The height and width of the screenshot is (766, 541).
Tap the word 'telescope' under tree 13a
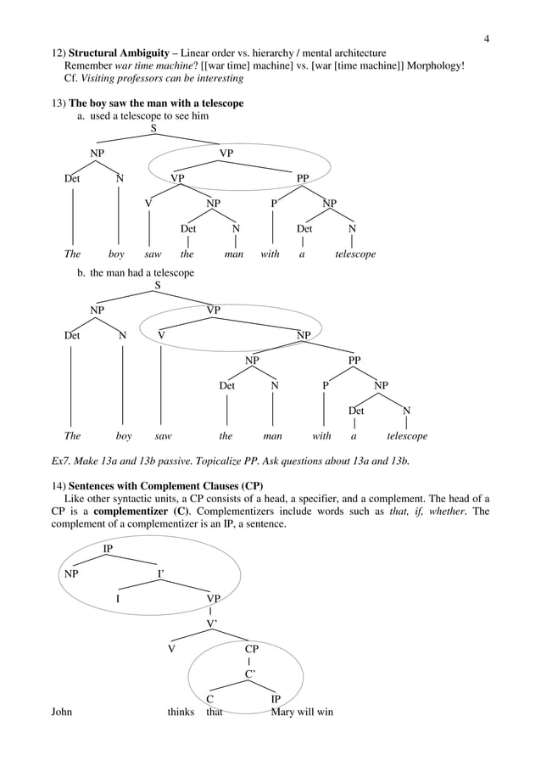(x=354, y=254)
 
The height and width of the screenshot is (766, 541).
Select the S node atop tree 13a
(x=153, y=129)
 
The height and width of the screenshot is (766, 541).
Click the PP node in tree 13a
(x=303, y=178)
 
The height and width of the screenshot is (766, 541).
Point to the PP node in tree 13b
(x=354, y=361)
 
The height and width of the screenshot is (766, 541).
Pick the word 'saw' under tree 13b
(x=163, y=436)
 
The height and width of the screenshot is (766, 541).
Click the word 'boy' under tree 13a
(x=117, y=254)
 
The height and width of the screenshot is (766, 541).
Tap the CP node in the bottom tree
(x=250, y=648)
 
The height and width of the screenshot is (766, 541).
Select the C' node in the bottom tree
(x=250, y=674)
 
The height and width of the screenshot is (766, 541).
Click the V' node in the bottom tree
(x=213, y=623)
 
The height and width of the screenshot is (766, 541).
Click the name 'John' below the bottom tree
(x=62, y=712)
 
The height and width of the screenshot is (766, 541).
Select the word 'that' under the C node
(x=215, y=712)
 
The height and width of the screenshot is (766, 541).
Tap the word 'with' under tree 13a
(x=270, y=254)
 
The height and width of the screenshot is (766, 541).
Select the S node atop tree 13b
(x=157, y=285)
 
